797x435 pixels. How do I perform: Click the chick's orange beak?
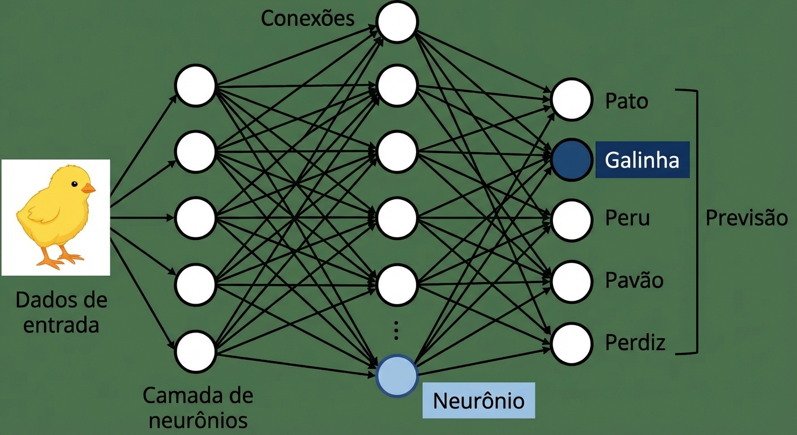click(x=88, y=188)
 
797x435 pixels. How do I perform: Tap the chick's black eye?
click(x=74, y=183)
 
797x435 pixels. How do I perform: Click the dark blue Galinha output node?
click(x=572, y=160)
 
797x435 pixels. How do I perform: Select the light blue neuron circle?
click(x=397, y=376)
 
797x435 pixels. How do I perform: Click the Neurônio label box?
click(x=478, y=400)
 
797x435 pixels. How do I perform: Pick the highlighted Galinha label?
click(x=642, y=160)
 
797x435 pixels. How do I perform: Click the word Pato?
click(x=627, y=102)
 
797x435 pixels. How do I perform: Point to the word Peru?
click(x=627, y=219)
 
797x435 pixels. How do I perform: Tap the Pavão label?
click(x=634, y=280)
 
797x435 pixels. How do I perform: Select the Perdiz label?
click(x=635, y=343)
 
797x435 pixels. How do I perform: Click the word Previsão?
click(x=747, y=218)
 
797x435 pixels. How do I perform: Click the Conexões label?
click(x=307, y=18)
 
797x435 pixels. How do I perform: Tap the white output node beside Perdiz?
click(x=572, y=344)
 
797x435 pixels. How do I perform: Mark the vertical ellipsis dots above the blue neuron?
click(x=396, y=330)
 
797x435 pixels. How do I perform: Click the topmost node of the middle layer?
click(x=397, y=22)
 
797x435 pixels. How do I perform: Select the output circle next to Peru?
click(x=572, y=220)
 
